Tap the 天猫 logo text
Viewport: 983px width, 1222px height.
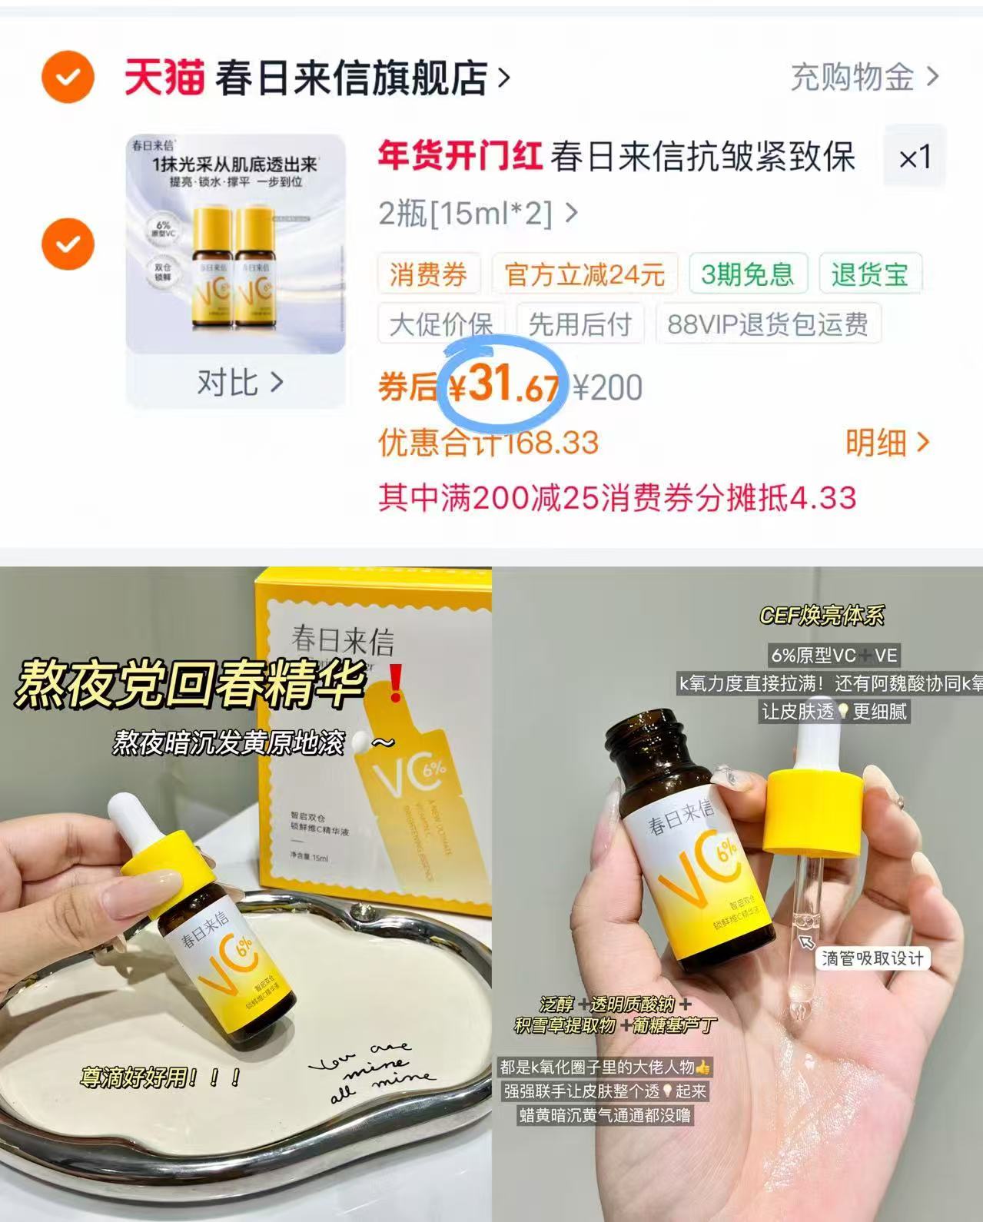(x=164, y=78)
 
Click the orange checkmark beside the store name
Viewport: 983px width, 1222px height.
(x=68, y=77)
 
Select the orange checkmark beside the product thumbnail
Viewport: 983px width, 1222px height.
(x=68, y=244)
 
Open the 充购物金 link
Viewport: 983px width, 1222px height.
(x=864, y=77)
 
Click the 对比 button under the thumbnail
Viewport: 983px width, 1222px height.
(x=239, y=382)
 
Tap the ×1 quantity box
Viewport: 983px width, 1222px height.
(x=915, y=158)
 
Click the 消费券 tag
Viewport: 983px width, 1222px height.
(x=428, y=274)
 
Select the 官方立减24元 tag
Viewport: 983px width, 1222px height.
(x=584, y=274)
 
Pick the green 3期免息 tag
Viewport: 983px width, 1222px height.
(x=747, y=274)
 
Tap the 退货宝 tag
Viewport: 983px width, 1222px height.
(x=869, y=274)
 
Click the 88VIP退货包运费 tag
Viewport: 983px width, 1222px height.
(x=767, y=324)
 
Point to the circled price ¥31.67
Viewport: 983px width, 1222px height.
(x=503, y=384)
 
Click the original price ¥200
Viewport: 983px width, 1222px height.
(x=608, y=387)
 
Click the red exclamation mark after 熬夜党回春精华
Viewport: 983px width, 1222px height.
(x=395, y=684)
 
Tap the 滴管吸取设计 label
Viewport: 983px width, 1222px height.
(x=872, y=958)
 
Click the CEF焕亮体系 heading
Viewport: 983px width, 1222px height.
(x=822, y=616)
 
